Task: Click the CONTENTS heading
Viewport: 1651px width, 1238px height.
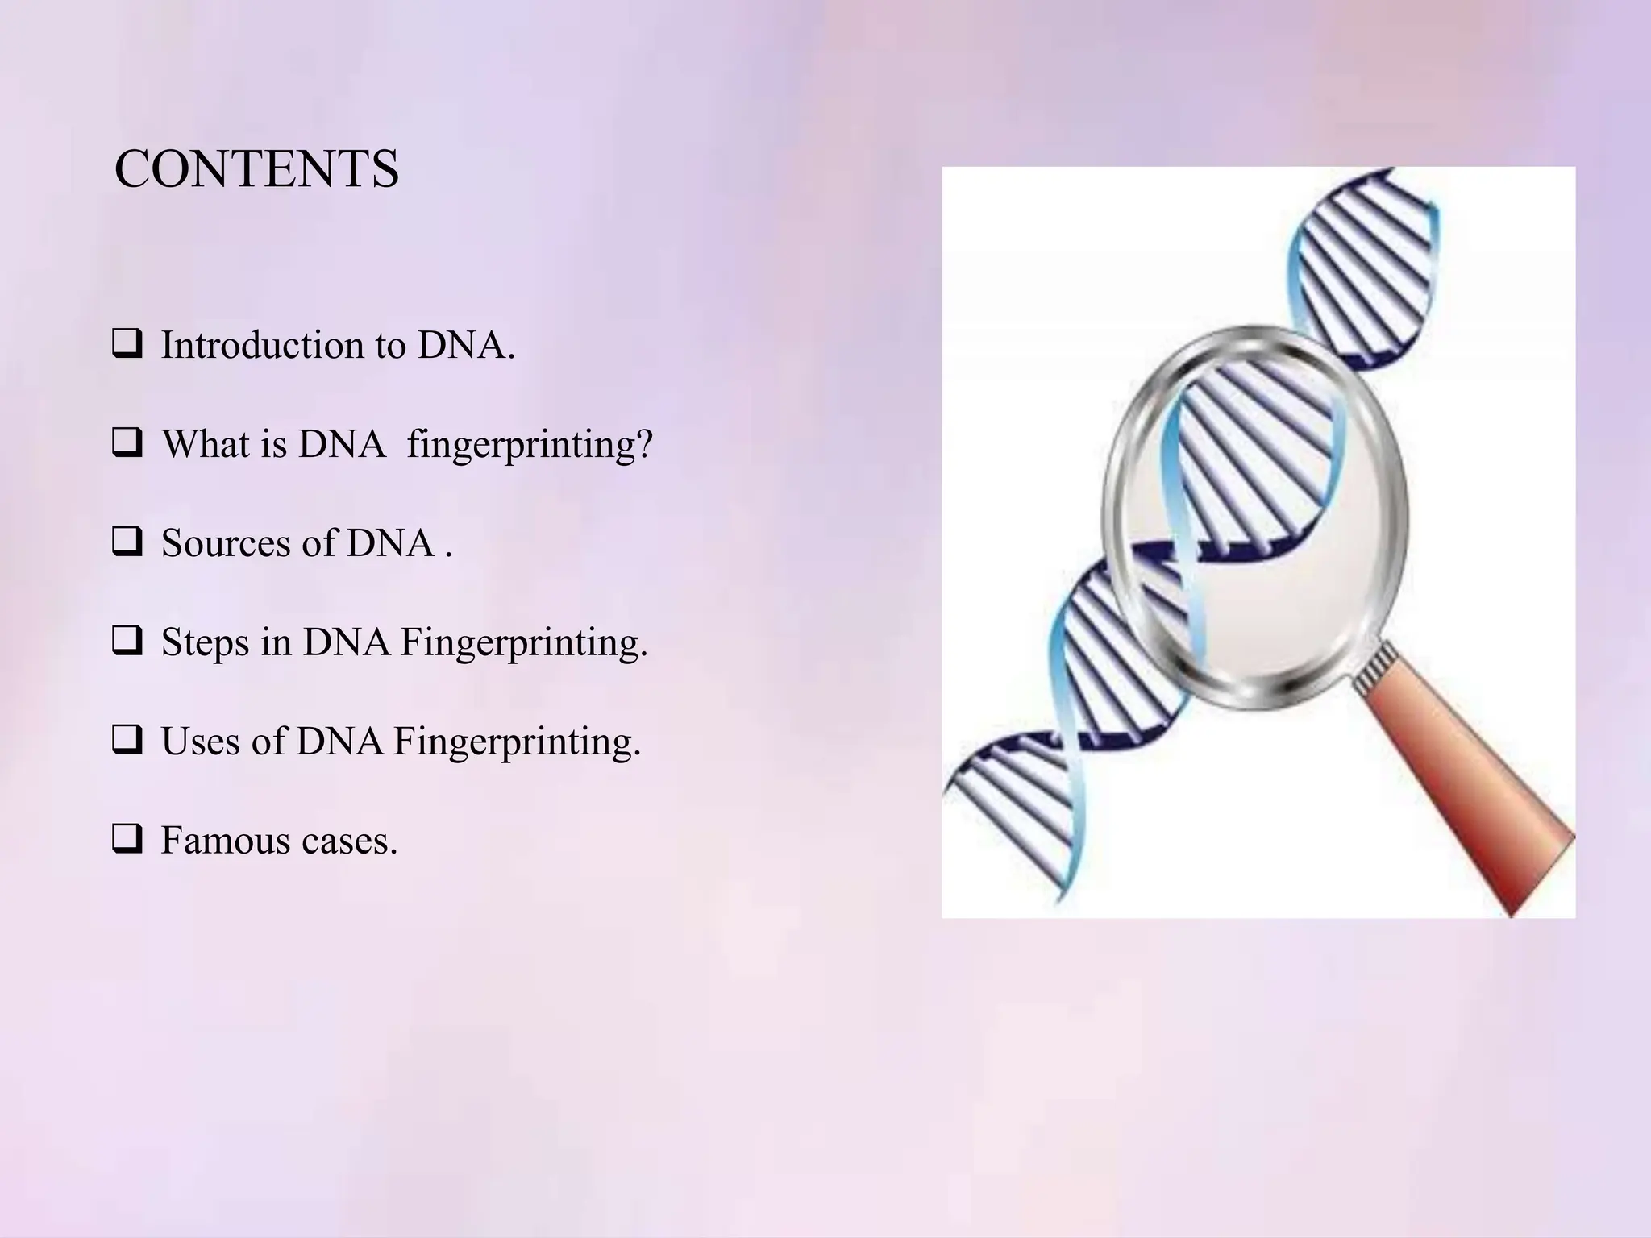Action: coord(256,170)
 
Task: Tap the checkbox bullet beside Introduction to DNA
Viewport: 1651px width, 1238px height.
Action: coord(127,345)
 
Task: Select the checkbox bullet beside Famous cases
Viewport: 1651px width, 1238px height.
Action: coord(127,840)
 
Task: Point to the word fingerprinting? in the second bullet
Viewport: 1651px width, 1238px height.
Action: coord(530,445)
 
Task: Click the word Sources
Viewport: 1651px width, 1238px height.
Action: coord(225,542)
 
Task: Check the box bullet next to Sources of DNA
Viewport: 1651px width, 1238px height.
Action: coord(127,542)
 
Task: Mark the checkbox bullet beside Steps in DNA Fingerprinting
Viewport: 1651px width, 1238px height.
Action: coord(127,642)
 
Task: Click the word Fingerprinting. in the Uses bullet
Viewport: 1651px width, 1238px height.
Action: coord(517,742)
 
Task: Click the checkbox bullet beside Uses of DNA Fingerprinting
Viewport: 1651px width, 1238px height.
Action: coord(127,741)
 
